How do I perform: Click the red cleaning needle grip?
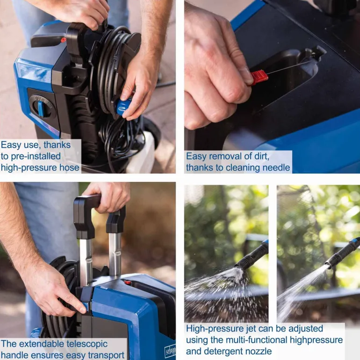coord(259,77)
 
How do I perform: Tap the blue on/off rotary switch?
coord(40,108)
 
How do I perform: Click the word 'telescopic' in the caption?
coord(87,344)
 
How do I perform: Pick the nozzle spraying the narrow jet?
coord(342,252)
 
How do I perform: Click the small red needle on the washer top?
coord(127,282)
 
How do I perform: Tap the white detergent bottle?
coord(141,153)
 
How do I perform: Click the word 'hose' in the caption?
coord(69,167)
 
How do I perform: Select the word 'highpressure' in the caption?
coord(316,340)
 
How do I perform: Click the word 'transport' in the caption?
coord(106,355)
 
